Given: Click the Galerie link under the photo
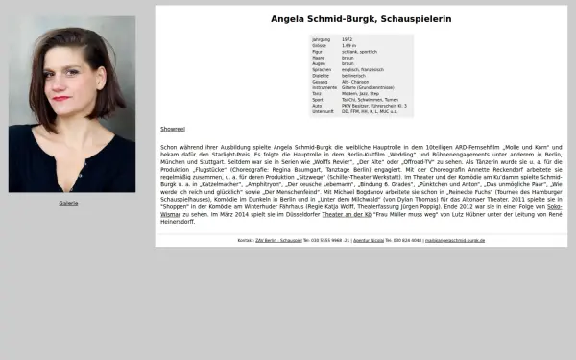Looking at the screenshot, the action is [68, 204].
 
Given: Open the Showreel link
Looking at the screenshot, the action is [172, 129].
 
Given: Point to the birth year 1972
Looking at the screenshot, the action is [348, 39].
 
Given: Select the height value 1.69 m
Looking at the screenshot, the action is [349, 45].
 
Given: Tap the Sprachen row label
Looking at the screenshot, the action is [322, 69].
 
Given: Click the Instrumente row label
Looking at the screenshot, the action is [324, 87].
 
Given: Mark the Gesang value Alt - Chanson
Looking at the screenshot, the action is [355, 82].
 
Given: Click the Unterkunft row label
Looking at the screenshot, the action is [323, 111].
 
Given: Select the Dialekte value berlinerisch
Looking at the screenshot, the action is [354, 75].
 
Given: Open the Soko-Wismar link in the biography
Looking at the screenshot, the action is [555, 206].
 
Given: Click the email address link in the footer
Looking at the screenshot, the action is [455, 240].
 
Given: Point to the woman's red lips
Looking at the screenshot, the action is [61, 98].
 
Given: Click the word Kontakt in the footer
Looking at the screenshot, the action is [246, 240].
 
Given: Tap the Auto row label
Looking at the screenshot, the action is [318, 106].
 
